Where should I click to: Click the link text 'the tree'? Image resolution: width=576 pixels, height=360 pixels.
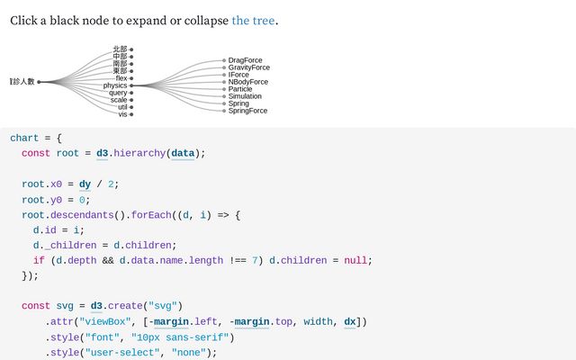[253, 20]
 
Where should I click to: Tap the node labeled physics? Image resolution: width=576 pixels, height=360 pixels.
[115, 85]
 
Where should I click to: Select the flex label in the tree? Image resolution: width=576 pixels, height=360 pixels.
[121, 78]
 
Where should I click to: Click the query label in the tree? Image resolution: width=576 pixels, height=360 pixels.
[118, 93]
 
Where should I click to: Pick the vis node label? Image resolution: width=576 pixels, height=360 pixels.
[122, 114]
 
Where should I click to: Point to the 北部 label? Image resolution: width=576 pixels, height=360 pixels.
[120, 49]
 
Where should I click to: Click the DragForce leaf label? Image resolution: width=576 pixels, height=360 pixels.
[245, 60]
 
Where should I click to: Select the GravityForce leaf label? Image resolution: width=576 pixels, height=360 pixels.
[248, 67]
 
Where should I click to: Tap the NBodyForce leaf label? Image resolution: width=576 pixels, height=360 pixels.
[247, 82]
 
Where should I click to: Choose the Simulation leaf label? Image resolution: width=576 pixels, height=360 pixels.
[245, 96]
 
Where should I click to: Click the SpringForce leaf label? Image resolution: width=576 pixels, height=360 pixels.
[247, 111]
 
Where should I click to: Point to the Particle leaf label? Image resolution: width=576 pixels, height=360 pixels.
[240, 89]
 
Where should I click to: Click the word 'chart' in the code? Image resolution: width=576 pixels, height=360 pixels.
[24, 138]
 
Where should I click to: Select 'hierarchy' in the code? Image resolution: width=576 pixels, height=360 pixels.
[138, 153]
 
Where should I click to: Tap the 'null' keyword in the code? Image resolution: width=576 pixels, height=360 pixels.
[356, 260]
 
